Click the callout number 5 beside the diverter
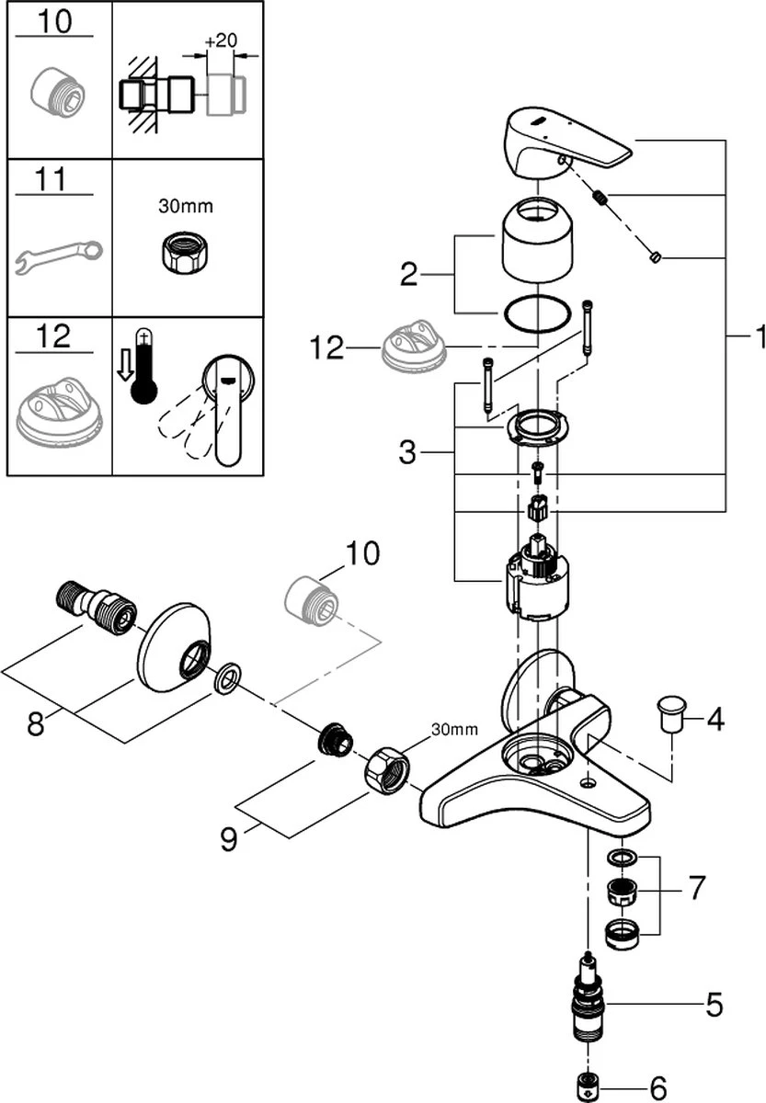[x=714, y=1005]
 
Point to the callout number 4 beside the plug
[x=715, y=718]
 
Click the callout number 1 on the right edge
[x=758, y=338]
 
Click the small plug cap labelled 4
[x=671, y=709]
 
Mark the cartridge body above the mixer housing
[x=536, y=583]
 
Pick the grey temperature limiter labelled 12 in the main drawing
[x=414, y=347]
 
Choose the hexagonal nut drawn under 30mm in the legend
[x=186, y=248]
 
